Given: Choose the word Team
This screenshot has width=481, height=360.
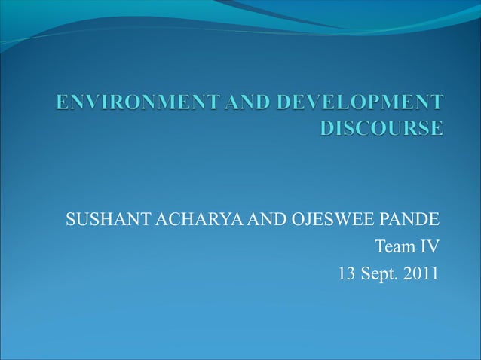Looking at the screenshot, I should pos(394,246).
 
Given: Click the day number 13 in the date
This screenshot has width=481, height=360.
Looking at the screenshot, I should pos(345,273).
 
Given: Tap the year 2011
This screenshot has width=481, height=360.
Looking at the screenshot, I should pos(420,273).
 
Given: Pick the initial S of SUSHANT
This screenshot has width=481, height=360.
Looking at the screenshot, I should pos(71,220).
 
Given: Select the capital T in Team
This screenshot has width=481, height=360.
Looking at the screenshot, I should pos(379,246).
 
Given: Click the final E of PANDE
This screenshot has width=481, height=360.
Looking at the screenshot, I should pos(433,220).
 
